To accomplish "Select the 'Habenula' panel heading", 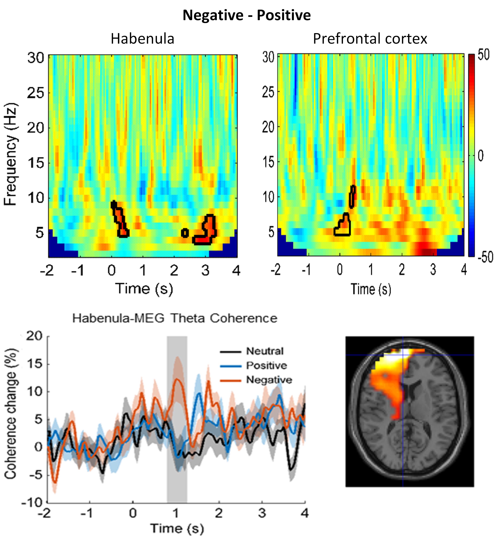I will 142,39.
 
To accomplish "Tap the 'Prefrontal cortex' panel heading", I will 370,39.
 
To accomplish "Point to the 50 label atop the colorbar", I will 484,55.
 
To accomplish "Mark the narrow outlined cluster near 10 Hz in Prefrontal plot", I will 353,196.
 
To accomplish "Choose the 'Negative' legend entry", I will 269,380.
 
